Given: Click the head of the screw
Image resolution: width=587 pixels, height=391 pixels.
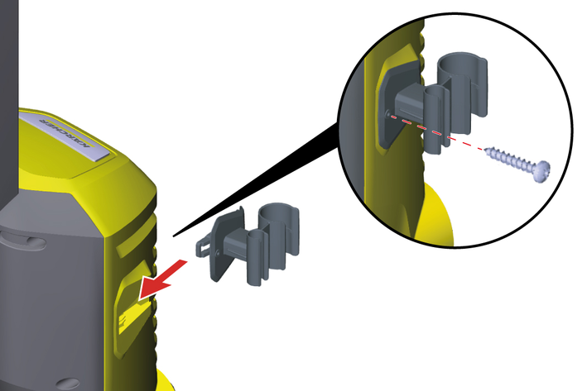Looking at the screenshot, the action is coord(542,172).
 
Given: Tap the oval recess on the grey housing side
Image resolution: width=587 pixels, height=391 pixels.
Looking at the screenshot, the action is coord(23,241).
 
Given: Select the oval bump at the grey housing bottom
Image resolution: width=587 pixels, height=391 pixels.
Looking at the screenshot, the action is coord(67,384).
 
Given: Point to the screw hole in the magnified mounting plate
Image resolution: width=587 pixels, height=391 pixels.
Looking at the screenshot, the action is coord(388,113).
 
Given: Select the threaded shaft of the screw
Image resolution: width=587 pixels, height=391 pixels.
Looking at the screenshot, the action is coord(510,159).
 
